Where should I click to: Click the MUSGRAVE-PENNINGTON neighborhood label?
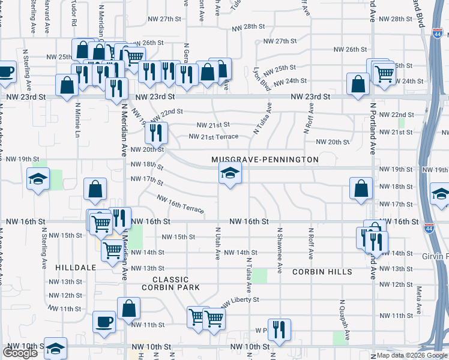[x=265, y=160]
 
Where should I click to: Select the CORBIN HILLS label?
[x=322, y=272]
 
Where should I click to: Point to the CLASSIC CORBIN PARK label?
[x=170, y=283]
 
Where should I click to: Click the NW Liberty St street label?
[x=240, y=300]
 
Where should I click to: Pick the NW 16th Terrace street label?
[x=180, y=205]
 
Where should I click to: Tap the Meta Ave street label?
[x=418, y=293]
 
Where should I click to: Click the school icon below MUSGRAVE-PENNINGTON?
[x=229, y=175]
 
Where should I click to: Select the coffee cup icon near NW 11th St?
[x=104, y=322]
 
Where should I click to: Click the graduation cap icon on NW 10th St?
[x=55, y=348]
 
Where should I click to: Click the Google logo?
[x=20, y=353]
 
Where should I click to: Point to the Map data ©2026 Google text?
[x=411, y=355]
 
